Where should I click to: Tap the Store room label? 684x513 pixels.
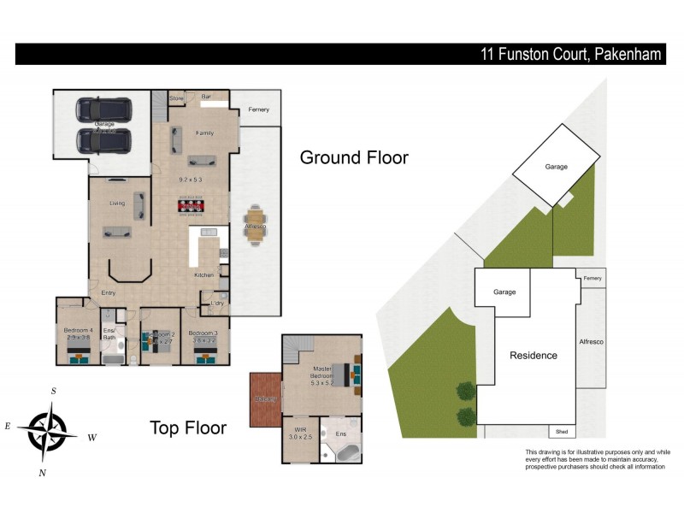176,99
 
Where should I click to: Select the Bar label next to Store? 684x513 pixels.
206,97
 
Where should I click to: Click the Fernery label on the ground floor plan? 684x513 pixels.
258,109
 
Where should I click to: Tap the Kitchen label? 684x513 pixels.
203,274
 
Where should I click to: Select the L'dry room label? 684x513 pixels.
217,304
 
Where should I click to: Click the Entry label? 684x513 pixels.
108,293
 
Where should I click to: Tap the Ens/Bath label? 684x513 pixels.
109,333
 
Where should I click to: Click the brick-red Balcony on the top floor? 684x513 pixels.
264,399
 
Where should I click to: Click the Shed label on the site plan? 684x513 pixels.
562,432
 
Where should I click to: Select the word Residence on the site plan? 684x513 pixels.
534,355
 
